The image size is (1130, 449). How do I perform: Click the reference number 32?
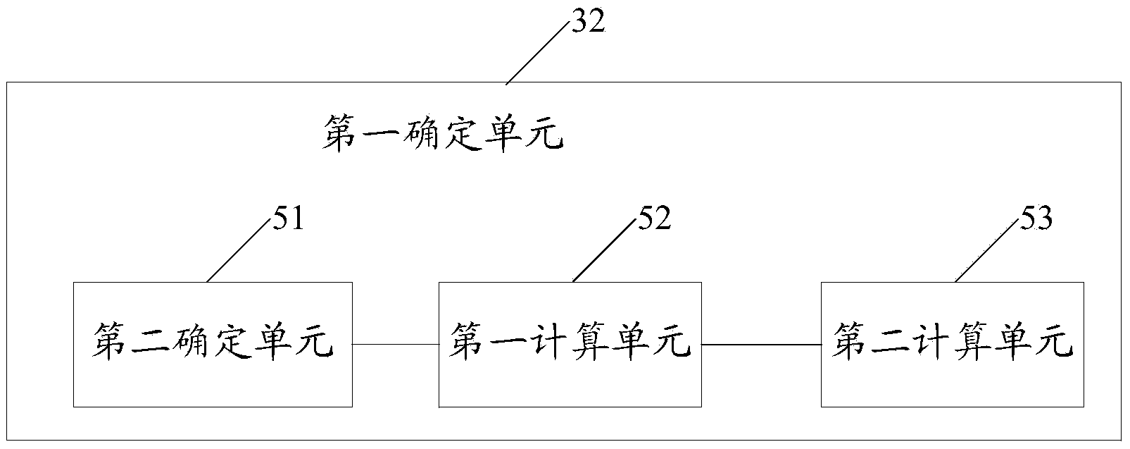[588, 21]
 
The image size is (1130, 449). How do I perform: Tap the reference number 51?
[289, 219]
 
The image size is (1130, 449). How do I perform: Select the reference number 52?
[655, 219]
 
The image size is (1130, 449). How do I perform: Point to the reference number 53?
[1036, 219]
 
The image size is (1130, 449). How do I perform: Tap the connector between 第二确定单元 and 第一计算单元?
[396, 345]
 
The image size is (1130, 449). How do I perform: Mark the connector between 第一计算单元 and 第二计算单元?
[761, 345]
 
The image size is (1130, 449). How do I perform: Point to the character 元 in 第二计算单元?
[1055, 342]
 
